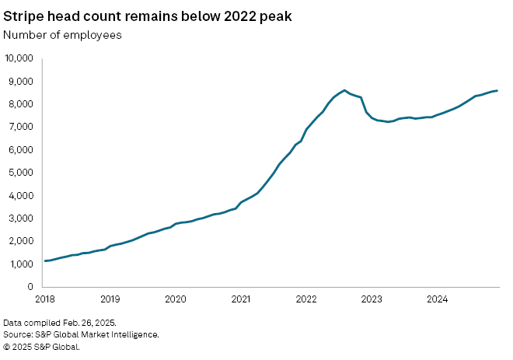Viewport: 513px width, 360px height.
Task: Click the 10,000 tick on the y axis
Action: pyautogui.click(x=18, y=58)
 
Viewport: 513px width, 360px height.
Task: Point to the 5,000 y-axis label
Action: pyautogui.click(x=20, y=173)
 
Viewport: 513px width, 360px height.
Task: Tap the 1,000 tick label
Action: pyautogui.click(x=20, y=264)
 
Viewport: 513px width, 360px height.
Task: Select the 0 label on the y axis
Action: pyautogui.click(x=29, y=287)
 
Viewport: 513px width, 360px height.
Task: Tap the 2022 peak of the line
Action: pyautogui.click(x=344, y=90)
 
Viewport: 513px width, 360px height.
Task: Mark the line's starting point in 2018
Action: pyautogui.click(x=45, y=260)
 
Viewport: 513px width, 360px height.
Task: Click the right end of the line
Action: pyautogui.click(x=497, y=91)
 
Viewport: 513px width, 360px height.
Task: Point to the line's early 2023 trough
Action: pyautogui.click(x=388, y=123)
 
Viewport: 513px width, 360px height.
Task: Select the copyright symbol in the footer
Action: pyautogui.click(x=7, y=347)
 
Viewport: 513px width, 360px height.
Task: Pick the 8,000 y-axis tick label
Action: pyautogui.click(x=20, y=104)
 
